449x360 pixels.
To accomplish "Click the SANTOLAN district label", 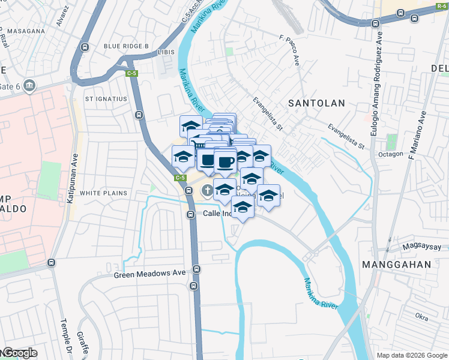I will tap(316, 103).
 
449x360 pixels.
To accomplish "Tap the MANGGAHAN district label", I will tap(397, 264).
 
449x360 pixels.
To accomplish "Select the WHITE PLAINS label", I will tap(103, 193).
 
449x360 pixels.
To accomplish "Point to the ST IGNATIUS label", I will tap(106, 98).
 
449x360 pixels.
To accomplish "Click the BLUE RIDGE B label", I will tap(126, 46).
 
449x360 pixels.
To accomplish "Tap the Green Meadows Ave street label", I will tap(150, 274).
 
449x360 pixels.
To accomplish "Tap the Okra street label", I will tap(421, 315).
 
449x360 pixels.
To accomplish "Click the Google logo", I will tap(19, 353).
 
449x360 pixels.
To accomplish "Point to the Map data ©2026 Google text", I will tap(411, 355).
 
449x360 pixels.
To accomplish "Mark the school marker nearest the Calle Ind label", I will tap(243, 208).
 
